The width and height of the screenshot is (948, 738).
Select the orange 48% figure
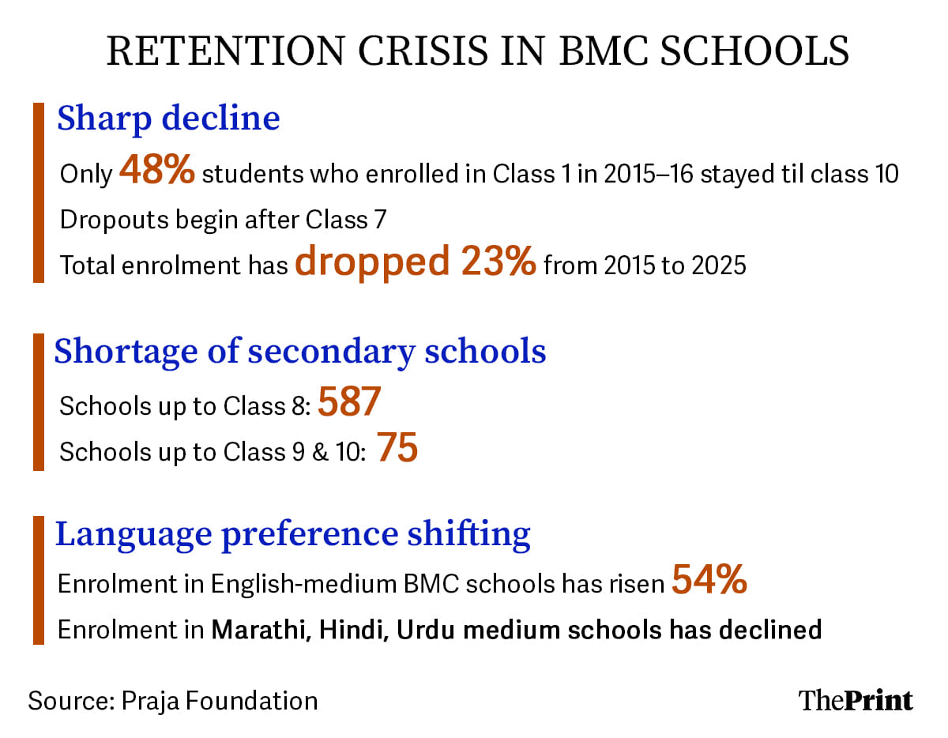tap(156, 172)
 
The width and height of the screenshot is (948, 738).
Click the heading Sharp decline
tap(168, 118)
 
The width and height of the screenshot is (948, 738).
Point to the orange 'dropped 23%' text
tap(416, 263)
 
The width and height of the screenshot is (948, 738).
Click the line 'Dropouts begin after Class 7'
tap(223, 219)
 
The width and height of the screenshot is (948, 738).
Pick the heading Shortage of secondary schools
tap(300, 352)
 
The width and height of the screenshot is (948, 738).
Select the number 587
tap(349, 404)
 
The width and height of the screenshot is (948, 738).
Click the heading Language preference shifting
tap(293, 533)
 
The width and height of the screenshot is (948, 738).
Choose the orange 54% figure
tap(709, 582)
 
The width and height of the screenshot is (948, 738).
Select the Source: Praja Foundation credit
tap(173, 700)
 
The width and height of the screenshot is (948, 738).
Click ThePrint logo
tap(856, 700)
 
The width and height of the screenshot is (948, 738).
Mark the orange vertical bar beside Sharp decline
tap(38, 192)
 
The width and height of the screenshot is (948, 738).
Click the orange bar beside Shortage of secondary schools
tap(38, 402)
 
